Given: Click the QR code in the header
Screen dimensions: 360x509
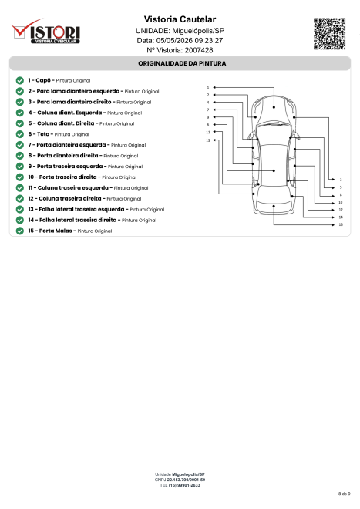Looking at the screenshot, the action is [329, 34].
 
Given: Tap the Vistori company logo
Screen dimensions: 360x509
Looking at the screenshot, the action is [45, 31].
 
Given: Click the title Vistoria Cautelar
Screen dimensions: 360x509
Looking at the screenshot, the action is [180, 19].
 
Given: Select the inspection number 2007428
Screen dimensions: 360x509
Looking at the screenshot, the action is [199, 50].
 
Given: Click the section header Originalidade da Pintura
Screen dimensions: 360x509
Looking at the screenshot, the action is [182, 63].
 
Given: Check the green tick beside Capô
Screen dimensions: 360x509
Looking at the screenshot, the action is [20, 80].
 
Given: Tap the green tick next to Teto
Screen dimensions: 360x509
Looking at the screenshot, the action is [20, 134].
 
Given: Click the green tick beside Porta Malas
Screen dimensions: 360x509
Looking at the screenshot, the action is [20, 231].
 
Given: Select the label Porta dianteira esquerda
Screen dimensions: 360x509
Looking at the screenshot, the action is [71, 145].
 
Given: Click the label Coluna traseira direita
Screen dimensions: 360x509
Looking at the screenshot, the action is [70, 198].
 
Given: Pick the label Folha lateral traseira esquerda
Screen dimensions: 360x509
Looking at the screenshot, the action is [82, 209].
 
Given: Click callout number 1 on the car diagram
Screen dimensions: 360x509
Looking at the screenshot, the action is [208, 88].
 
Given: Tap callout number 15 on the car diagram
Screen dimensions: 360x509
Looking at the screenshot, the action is [341, 224].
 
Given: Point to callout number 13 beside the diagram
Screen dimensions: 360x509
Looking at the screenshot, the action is [208, 140].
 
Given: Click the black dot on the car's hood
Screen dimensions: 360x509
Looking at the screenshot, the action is [274, 107].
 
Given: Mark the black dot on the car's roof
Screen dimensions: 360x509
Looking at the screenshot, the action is [274, 170].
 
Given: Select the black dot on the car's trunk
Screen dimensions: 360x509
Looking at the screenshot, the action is [274, 206].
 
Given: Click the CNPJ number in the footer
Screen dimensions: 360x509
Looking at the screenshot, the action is [186, 480].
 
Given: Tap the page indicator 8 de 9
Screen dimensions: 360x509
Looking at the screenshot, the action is [344, 494].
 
